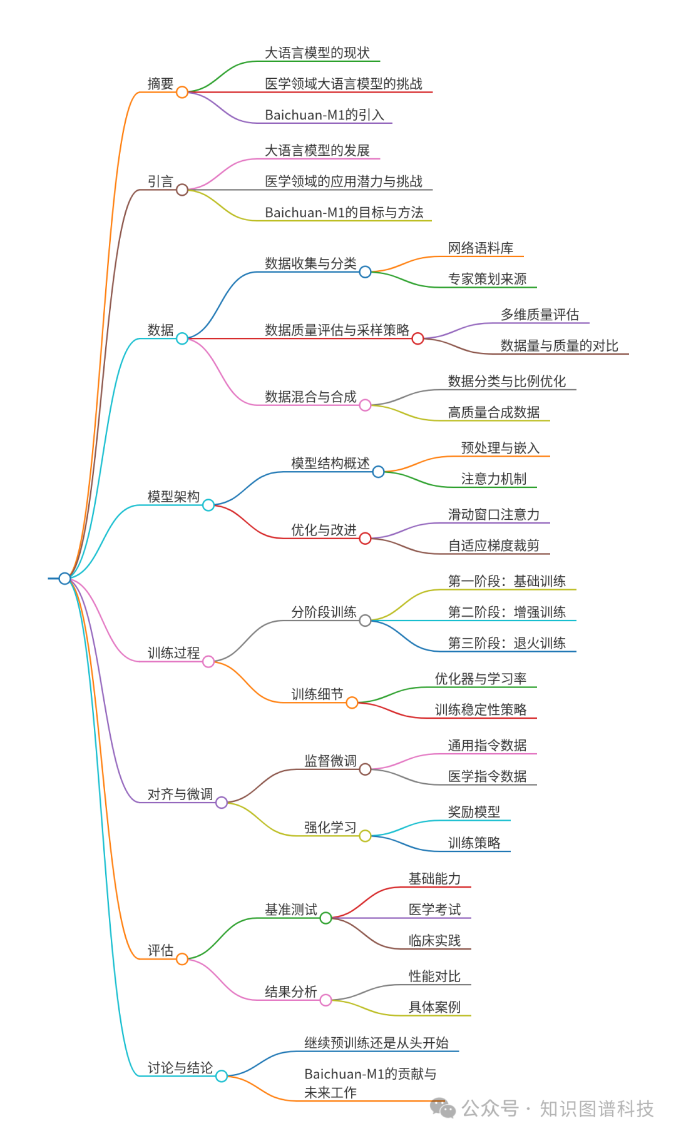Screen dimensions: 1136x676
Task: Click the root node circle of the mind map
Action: tap(64, 578)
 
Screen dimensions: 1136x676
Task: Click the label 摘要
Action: tap(160, 84)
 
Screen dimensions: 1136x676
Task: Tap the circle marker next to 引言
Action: tap(182, 190)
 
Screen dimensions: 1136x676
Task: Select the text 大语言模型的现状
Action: tap(317, 53)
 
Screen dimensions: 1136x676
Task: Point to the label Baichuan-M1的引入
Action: tap(324, 115)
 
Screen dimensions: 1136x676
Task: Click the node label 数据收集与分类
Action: tap(310, 263)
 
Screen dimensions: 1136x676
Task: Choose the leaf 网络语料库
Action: tap(481, 248)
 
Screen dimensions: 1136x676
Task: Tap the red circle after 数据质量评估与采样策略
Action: tap(417, 338)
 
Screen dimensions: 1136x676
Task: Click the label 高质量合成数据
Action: tap(494, 412)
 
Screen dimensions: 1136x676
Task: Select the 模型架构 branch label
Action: tap(173, 497)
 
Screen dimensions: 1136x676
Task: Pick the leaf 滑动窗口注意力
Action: tap(494, 515)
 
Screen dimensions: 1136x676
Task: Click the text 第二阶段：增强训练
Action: tap(507, 612)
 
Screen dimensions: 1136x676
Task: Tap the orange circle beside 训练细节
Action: tap(352, 702)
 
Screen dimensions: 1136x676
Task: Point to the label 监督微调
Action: tap(330, 761)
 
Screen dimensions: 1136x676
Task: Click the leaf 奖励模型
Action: tap(474, 812)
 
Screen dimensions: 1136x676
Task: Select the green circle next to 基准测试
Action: tap(325, 918)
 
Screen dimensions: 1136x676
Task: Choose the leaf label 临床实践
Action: tap(434, 941)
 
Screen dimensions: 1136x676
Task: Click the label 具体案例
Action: tap(434, 1007)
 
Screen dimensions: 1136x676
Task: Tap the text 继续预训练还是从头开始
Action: tap(376, 1043)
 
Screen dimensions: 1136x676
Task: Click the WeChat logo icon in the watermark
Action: tap(443, 1108)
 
